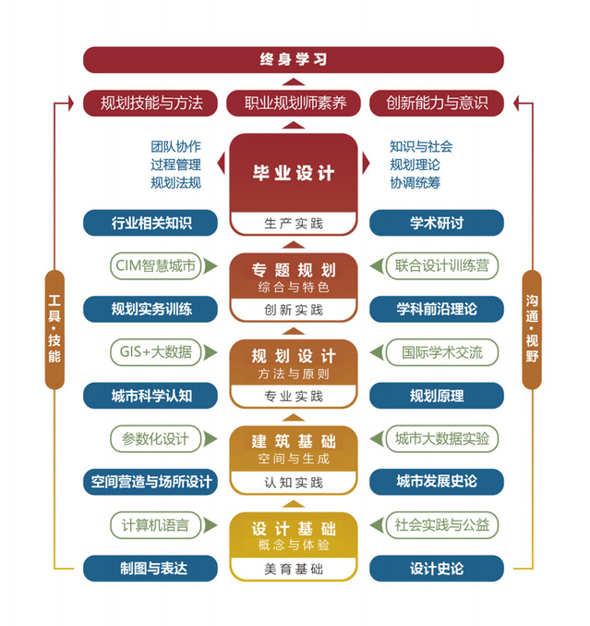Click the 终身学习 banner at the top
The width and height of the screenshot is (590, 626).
[x=294, y=60]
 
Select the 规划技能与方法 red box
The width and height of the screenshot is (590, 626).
[x=151, y=103]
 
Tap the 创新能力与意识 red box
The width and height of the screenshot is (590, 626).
[x=437, y=103]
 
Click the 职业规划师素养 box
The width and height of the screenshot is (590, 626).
[x=294, y=103]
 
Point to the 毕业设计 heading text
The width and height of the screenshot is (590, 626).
[x=294, y=173]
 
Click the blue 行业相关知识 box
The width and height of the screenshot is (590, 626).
[x=151, y=223]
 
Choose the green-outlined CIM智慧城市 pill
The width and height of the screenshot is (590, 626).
[x=156, y=266]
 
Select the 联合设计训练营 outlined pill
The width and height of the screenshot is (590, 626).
[x=442, y=266]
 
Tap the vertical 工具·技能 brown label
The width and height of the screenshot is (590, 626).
[x=54, y=329]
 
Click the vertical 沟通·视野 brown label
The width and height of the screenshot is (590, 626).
[x=532, y=329]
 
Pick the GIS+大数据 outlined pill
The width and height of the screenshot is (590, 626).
[x=156, y=352]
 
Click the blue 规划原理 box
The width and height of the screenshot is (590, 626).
[x=437, y=396]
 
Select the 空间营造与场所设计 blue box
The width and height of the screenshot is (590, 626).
[x=151, y=482]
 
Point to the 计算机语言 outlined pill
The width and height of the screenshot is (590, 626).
[x=156, y=525]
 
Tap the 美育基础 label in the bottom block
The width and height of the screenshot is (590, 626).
[x=294, y=569]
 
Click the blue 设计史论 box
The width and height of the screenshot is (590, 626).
[x=437, y=569]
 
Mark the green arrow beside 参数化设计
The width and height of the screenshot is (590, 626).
[x=211, y=439]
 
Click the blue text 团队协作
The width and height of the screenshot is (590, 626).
[x=175, y=146]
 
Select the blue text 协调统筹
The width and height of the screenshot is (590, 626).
[x=415, y=183]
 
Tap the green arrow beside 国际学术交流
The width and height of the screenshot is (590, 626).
[x=377, y=352]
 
